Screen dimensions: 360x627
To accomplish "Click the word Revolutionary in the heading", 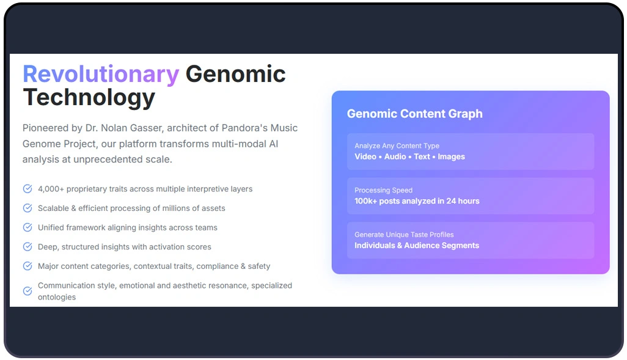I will (x=101, y=74).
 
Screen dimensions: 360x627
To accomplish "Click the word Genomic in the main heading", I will (x=235, y=74).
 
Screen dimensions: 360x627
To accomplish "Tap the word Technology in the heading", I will (x=89, y=97).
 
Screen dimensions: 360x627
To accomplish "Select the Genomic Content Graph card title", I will (x=414, y=114).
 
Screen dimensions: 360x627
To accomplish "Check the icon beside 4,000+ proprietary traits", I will (x=28, y=189).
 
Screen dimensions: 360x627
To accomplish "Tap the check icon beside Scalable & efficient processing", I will (x=28, y=208).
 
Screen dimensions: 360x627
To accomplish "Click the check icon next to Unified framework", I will (x=28, y=227).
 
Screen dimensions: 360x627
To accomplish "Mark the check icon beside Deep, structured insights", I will (x=28, y=247).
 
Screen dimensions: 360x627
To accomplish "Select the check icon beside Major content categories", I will (x=28, y=266).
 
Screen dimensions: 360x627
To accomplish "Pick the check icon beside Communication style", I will (x=28, y=291).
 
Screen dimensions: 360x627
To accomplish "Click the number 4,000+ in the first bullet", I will (x=51, y=189).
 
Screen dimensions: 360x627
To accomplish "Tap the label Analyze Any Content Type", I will (x=397, y=146).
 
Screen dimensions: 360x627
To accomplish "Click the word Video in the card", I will (x=365, y=156).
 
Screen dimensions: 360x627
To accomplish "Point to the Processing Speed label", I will (x=383, y=190).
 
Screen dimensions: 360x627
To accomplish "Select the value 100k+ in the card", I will (x=365, y=201).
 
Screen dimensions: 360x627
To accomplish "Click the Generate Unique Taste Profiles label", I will (x=404, y=235).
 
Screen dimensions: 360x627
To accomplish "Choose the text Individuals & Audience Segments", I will (x=416, y=246).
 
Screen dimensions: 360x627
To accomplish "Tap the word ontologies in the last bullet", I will (x=57, y=297).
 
